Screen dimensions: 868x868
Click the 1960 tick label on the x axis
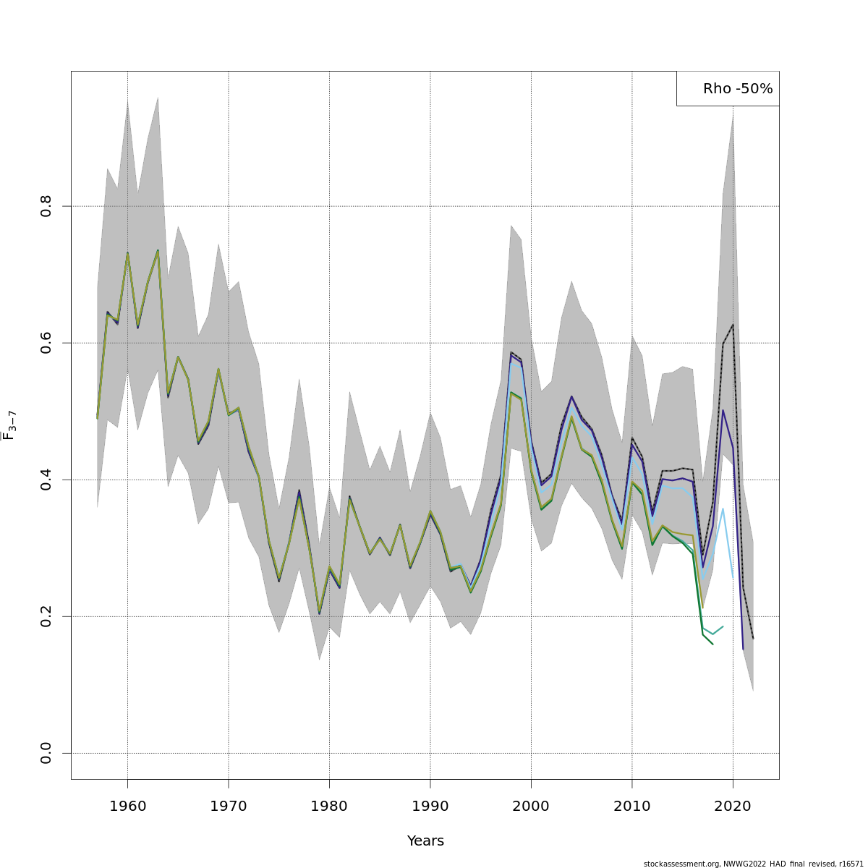[127, 806]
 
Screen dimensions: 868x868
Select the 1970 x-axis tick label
[229, 806]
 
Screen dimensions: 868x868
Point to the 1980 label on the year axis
[329, 806]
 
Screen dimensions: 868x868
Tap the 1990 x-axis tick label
[430, 806]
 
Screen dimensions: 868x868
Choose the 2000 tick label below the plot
[531, 806]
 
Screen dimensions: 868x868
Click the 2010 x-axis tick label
[632, 806]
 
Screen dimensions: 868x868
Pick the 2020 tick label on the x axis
[733, 806]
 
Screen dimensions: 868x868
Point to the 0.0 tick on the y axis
[46, 753]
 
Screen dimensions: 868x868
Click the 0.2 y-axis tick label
[46, 616]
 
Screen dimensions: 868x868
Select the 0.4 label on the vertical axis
[46, 480]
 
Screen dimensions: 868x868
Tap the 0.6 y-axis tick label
[46, 343]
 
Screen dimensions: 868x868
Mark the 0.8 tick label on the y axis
[46, 206]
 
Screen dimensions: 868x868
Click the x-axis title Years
[425, 841]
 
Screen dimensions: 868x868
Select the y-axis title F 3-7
[9, 425]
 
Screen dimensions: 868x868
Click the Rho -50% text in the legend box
[738, 89]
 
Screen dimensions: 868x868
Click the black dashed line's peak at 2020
[733, 325]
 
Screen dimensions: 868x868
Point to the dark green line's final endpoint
[712, 644]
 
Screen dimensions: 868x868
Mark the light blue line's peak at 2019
[723, 508]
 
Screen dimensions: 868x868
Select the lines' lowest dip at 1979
[319, 613]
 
